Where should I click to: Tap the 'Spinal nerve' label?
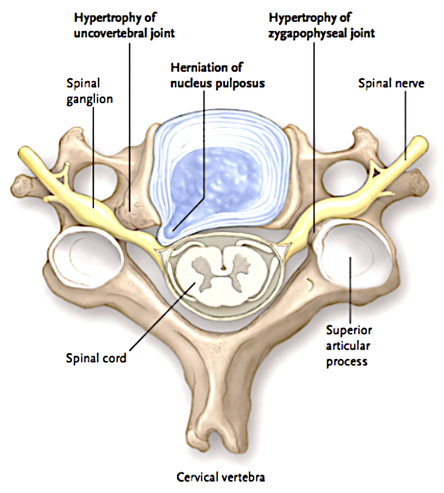(391, 84)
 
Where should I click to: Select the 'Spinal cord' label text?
(96, 358)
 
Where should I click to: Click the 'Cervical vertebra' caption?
(221, 477)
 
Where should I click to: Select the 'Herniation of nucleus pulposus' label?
(217, 76)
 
